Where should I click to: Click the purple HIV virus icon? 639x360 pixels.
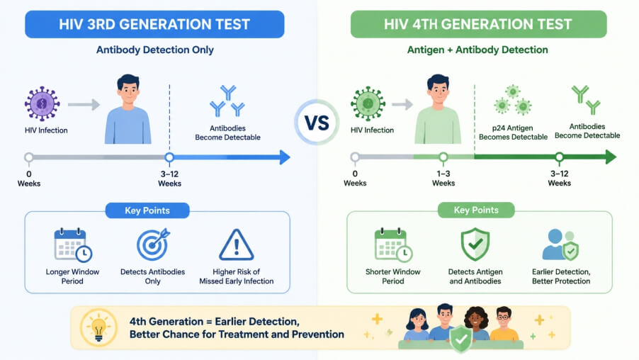(x=42, y=103)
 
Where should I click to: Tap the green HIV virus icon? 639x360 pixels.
(x=368, y=103)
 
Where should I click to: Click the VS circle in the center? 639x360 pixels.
(x=317, y=123)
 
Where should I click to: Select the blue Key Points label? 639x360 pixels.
(x=147, y=210)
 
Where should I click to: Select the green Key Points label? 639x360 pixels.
(x=476, y=210)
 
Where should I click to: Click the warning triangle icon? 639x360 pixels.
(x=237, y=245)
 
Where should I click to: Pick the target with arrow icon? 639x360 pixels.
(x=153, y=244)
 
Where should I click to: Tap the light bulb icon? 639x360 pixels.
(x=98, y=327)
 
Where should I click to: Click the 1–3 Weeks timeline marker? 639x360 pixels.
(x=443, y=157)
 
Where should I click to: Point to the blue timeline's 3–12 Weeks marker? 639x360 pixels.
(x=169, y=157)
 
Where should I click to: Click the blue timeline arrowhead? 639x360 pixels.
(x=285, y=157)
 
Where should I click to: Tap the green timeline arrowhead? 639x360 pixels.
(x=611, y=157)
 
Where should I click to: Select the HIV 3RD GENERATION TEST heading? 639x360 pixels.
(x=154, y=25)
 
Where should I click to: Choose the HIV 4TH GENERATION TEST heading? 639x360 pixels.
(x=478, y=25)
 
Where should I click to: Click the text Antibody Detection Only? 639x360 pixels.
(x=155, y=50)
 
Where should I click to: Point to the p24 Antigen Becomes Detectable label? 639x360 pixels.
(x=513, y=133)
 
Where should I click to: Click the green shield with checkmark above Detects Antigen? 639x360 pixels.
(x=475, y=244)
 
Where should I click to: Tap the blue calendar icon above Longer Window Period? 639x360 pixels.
(x=73, y=244)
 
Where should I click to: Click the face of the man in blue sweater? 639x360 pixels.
(x=128, y=93)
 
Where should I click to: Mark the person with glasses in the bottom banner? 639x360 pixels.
(x=504, y=324)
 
